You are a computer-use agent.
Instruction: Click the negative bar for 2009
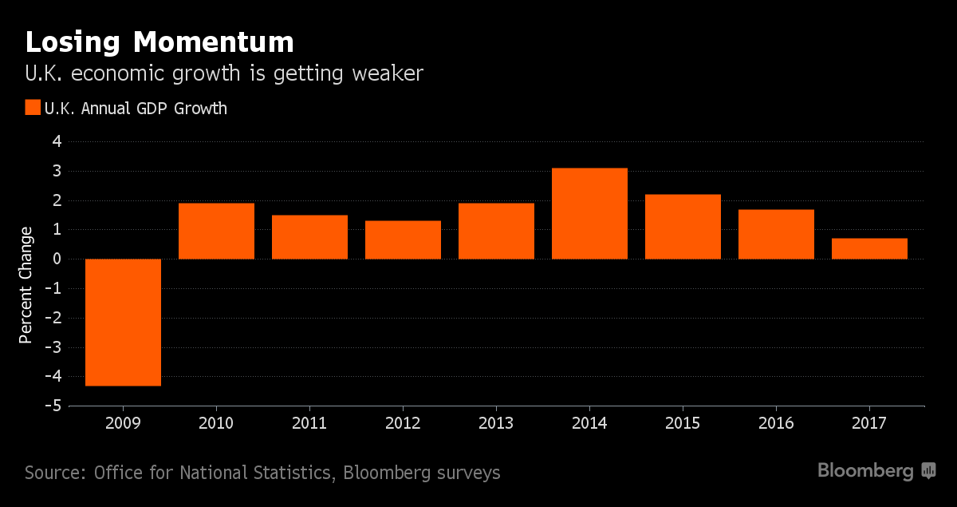[x=123, y=322]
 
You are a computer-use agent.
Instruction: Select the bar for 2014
[x=589, y=213]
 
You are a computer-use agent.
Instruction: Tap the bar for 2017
[x=869, y=248]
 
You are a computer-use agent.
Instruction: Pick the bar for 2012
[x=403, y=240]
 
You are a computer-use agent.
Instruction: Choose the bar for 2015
[x=683, y=227]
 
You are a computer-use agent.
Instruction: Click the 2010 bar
[x=216, y=231]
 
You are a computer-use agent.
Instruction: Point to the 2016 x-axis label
[x=776, y=423]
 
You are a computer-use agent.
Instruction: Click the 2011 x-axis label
[x=309, y=423]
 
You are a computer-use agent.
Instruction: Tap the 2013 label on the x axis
[x=496, y=423]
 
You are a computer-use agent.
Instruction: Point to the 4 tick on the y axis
[x=56, y=142]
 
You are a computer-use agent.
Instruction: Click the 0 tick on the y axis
[x=56, y=259]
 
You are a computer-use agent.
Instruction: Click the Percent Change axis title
[x=26, y=285]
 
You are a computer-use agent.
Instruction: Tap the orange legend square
[x=33, y=108]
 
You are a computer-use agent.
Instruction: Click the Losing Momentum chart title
[x=159, y=42]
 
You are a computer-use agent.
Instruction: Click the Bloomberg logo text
[x=865, y=471]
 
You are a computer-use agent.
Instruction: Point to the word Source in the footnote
[x=53, y=473]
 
